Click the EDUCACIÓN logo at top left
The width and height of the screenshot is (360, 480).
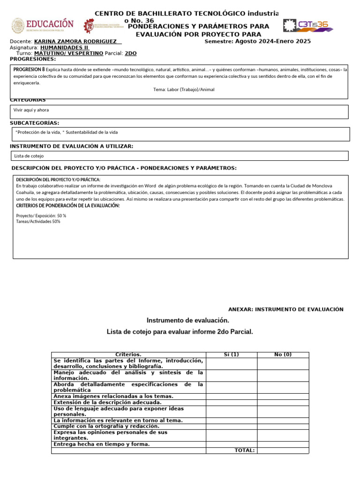point(43,25)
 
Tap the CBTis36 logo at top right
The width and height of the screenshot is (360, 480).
point(308,25)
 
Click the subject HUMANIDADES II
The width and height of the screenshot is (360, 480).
point(65,47)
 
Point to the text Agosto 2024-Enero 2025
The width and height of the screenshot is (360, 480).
point(273,41)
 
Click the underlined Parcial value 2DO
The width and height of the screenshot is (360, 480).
point(131,53)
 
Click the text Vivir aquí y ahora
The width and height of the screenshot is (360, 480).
point(31,110)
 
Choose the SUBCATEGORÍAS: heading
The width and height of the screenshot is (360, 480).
point(35,123)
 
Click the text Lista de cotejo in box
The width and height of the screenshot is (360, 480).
point(29,156)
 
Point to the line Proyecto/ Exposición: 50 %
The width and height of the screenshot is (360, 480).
point(41,216)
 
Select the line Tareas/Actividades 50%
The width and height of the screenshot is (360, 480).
point(38,221)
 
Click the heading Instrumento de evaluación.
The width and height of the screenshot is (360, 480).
point(188,320)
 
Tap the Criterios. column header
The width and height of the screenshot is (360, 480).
point(128,354)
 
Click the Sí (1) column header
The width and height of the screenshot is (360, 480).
point(232,354)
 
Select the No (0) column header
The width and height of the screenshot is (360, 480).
point(283,354)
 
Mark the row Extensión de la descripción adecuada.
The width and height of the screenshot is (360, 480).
point(107,402)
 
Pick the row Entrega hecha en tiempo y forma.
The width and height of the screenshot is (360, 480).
point(102,444)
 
